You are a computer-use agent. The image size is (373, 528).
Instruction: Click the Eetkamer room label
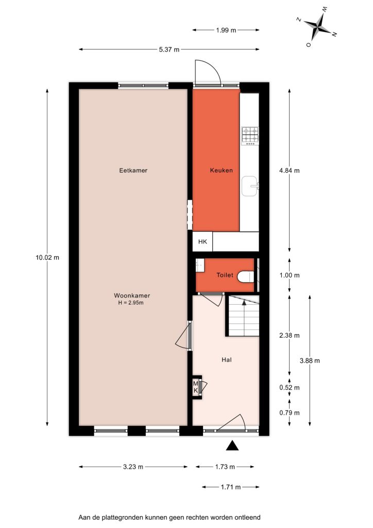tap(133, 170)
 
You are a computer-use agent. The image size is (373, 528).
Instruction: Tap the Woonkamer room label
tap(132, 295)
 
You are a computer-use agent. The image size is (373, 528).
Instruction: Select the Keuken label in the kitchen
tap(222, 170)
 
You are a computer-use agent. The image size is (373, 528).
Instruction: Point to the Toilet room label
tap(225, 275)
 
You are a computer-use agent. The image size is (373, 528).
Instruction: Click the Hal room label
tap(227, 360)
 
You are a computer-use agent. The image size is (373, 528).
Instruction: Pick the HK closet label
tap(202, 241)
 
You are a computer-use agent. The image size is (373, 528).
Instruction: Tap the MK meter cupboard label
tap(196, 387)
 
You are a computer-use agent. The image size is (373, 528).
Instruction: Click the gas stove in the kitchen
tap(250, 136)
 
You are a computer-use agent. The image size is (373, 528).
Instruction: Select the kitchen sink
tap(250, 186)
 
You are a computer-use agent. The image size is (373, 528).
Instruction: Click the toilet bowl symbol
tap(246, 277)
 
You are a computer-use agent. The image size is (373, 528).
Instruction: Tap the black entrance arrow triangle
tap(232, 445)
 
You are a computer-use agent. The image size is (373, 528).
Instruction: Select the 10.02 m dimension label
tap(47, 258)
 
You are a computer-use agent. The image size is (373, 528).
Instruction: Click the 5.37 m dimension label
tap(169, 49)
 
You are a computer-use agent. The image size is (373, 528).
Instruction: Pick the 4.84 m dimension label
tap(289, 170)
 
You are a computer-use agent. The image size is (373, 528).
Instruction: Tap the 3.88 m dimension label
tap(310, 360)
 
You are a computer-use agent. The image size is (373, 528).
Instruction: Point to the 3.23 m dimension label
tap(133, 467)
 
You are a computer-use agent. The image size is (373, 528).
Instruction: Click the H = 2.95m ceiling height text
tap(131, 303)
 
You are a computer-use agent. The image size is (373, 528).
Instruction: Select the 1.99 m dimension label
tap(226, 30)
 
